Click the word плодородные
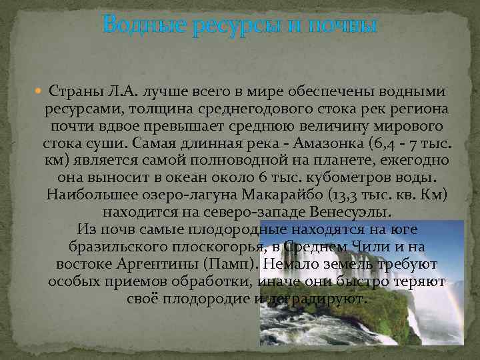point(223,229)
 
